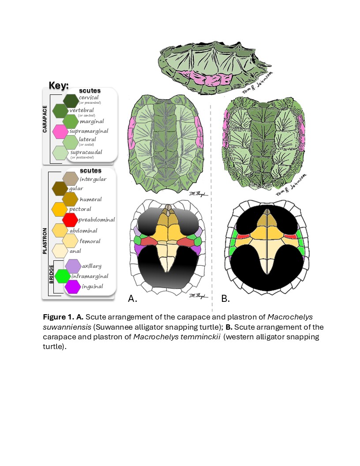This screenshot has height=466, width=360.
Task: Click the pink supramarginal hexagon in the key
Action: click(60, 131)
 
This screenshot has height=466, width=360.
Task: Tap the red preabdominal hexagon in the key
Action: click(70, 219)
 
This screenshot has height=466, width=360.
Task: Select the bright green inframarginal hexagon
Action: click(62, 276)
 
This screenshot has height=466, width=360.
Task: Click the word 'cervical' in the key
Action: click(89, 98)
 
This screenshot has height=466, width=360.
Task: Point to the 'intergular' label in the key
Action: click(93, 179)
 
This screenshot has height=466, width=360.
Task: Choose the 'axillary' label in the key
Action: click(92, 266)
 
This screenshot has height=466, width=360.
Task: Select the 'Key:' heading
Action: click(58, 85)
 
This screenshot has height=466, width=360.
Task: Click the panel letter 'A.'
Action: click(133, 299)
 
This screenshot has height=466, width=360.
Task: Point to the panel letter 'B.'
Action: click(225, 299)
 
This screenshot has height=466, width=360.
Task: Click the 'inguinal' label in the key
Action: click(92, 286)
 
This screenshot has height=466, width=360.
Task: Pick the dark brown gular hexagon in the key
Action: click(60, 188)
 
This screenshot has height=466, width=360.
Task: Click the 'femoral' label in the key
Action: click(90, 241)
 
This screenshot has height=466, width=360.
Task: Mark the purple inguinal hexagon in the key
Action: click(72, 286)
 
